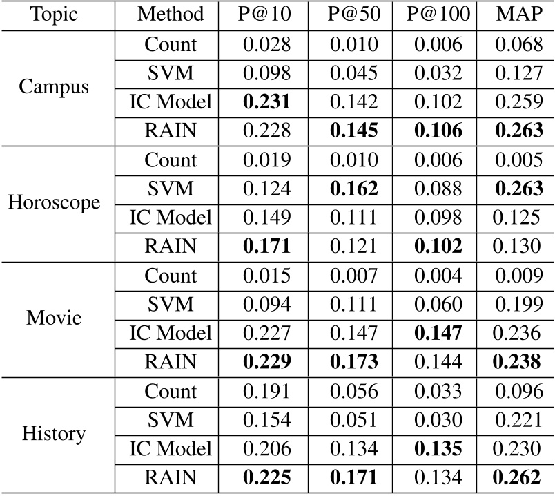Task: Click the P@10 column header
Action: click(266, 14)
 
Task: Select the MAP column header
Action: click(518, 14)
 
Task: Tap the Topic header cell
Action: click(54, 14)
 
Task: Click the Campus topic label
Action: click(54, 88)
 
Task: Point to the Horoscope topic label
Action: click(54, 203)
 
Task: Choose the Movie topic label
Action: click(54, 318)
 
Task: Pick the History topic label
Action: click(54, 434)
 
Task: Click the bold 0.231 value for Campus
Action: click(266, 102)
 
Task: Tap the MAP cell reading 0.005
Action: click(518, 160)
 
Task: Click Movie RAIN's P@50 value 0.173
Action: click(353, 361)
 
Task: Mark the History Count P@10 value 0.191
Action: click(266, 390)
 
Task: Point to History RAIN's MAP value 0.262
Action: click(518, 477)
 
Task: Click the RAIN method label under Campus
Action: click(171, 131)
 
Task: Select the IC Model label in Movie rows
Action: click(171, 333)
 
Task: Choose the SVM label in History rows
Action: click(171, 419)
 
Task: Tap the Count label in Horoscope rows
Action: click(171, 160)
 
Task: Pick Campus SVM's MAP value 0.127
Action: click(518, 74)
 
